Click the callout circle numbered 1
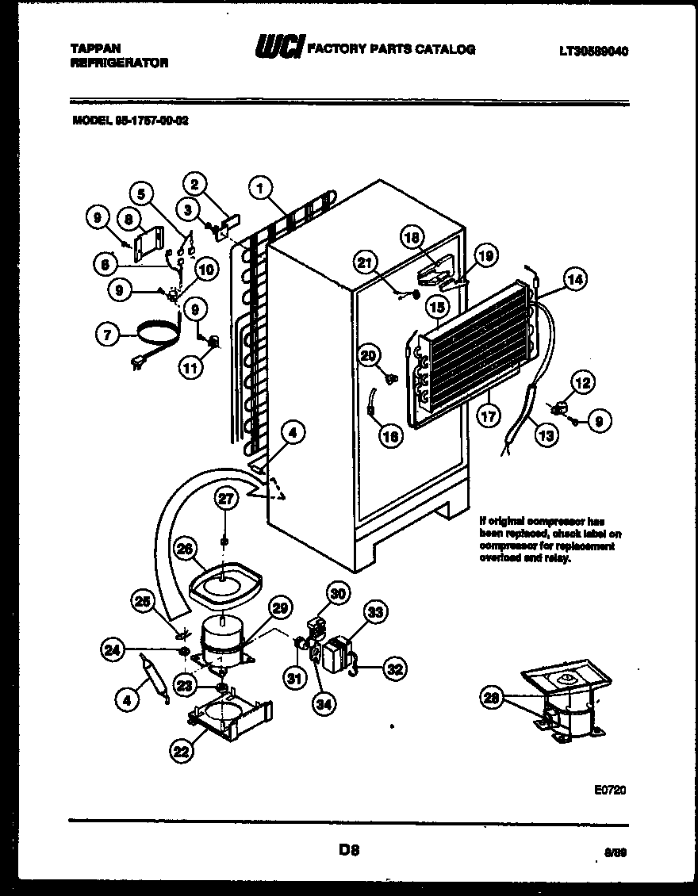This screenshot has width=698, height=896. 259,189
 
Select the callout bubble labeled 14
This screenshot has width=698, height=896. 575,278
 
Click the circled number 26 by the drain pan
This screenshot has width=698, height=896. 184,548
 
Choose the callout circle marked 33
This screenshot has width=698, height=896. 375,611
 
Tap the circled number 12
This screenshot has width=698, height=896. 582,384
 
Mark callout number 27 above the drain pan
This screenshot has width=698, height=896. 226,498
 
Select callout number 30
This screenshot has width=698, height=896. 339,594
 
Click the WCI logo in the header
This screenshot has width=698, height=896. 278,49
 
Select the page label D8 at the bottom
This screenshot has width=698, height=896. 350,851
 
